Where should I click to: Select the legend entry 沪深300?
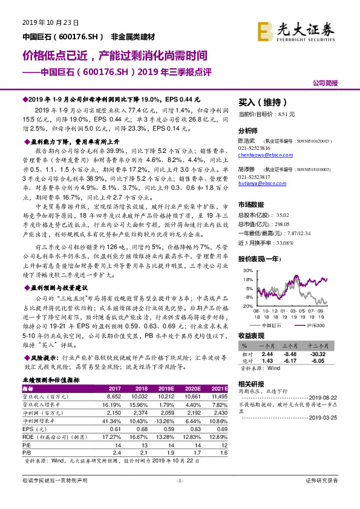[x=313, y=325]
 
